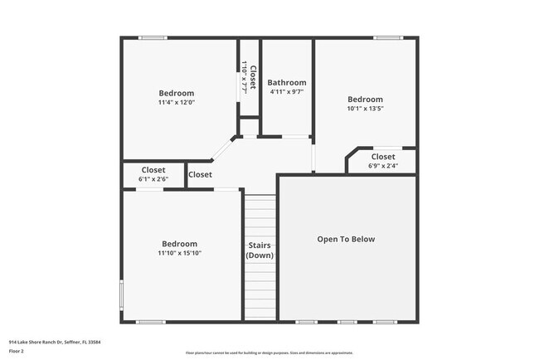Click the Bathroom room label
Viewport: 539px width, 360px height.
[x=287, y=83]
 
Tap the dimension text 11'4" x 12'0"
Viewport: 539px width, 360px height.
[x=177, y=103]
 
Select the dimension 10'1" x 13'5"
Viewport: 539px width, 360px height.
[x=365, y=109]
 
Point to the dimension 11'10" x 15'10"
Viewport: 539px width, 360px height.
[x=180, y=253]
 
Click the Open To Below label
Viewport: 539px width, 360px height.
[x=346, y=240]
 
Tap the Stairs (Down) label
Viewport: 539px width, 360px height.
[x=260, y=251]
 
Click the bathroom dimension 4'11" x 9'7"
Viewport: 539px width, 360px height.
[x=287, y=92]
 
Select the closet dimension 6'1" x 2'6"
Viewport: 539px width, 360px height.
[x=153, y=179]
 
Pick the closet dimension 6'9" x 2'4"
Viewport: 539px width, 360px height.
[x=383, y=166]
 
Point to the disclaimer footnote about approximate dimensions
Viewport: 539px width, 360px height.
[x=269, y=353]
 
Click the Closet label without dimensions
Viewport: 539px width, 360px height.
[x=200, y=175]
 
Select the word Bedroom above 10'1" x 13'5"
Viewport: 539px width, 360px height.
[x=365, y=100]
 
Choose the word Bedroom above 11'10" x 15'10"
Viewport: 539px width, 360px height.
[x=180, y=244]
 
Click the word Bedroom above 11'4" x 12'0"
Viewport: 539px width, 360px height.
[x=177, y=94]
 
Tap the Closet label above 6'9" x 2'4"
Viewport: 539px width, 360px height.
[x=383, y=157]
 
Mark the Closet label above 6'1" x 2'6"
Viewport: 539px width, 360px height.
[x=153, y=170]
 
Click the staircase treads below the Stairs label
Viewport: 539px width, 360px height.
[x=260, y=294]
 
